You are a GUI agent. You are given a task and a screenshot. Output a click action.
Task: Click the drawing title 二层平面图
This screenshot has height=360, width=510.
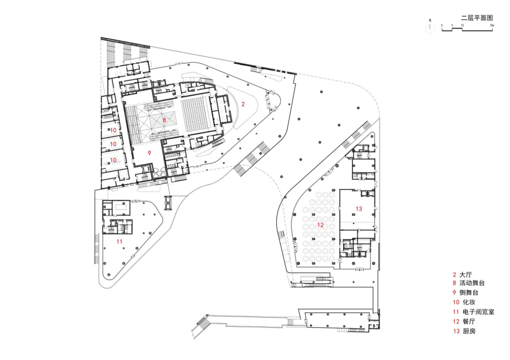coord(476,17)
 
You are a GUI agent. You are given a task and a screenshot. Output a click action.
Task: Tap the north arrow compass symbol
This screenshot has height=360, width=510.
coord(430,29)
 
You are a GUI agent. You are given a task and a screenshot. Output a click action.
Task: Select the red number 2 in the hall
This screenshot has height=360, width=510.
coord(243,104)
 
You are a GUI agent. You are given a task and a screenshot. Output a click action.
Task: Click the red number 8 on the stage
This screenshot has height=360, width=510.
coord(164,120)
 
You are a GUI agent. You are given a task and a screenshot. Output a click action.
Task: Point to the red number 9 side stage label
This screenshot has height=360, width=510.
coord(150,152)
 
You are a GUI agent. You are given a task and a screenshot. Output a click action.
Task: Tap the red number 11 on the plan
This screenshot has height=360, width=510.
coord(119,241)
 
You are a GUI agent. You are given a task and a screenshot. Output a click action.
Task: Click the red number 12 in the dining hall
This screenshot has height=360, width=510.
coord(320,224)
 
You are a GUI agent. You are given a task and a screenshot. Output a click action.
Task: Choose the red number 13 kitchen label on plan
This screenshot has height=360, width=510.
coord(359,209)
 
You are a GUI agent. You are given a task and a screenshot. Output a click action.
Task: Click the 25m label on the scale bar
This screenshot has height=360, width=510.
coord(492,24)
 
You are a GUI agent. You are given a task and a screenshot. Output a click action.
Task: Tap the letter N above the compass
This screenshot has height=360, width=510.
coord(430,20)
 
